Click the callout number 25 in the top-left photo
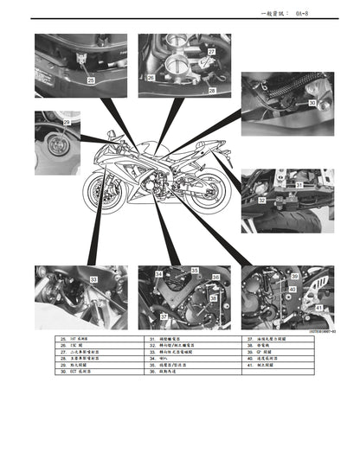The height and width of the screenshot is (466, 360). coord(91,80)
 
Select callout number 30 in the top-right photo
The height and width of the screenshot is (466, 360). coord(311,103)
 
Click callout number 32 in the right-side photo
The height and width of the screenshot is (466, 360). coord(261,200)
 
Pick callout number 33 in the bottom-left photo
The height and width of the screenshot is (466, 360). coord(93,278)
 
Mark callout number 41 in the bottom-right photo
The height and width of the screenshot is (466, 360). coord(319,307)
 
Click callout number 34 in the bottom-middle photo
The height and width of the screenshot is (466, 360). coord(158,274)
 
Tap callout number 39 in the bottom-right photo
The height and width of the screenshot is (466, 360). coord(294,277)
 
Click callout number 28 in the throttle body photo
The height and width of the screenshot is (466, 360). coord(212,90)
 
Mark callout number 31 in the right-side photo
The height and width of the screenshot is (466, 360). coord(298,185)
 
